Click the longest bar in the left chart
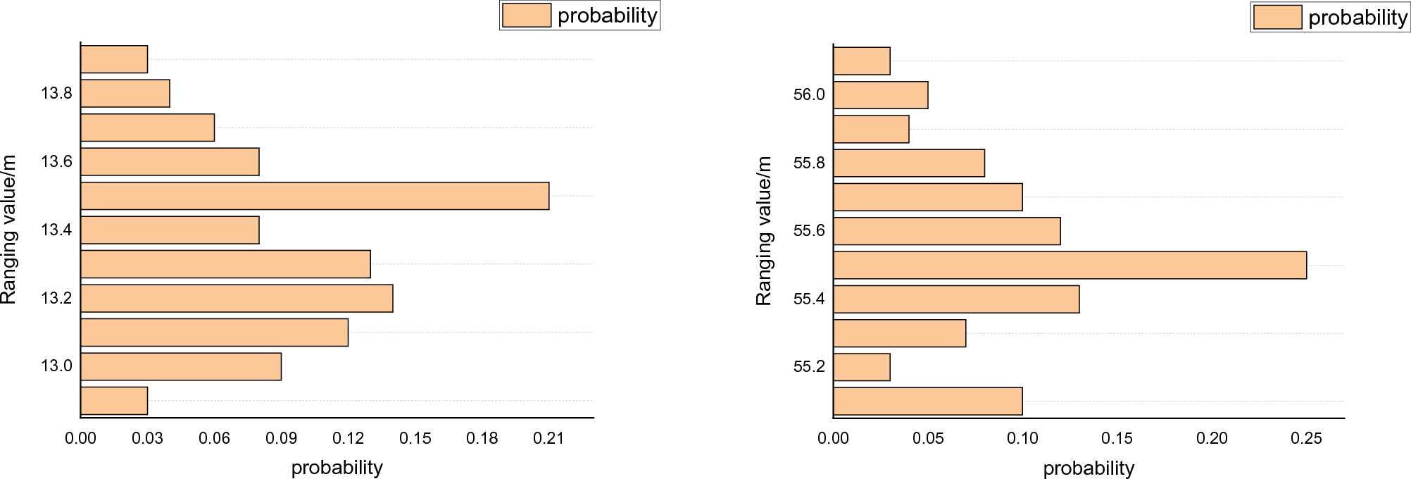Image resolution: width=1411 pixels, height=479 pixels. point(315,196)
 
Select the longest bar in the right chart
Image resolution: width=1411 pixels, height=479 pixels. point(1070,265)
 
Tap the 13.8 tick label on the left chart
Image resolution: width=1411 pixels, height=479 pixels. point(56,93)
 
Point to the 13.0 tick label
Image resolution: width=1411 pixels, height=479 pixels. point(56,366)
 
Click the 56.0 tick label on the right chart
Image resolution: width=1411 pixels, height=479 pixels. point(809,94)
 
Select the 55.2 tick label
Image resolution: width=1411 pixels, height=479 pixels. point(809,366)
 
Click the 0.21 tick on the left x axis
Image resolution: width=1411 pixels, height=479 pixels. point(548,438)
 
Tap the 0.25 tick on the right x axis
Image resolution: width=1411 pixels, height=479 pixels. point(1306,438)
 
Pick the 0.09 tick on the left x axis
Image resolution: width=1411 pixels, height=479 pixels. point(281,438)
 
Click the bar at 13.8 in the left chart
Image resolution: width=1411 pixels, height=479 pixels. point(125,93)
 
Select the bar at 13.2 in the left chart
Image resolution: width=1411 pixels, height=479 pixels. point(237,298)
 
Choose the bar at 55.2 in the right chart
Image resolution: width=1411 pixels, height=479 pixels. point(862,367)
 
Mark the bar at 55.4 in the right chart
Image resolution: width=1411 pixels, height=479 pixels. point(956,299)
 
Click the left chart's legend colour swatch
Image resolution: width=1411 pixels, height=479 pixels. point(527,15)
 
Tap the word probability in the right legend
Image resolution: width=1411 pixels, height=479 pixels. point(1357,18)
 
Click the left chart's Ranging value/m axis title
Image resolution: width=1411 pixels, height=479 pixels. point(8,230)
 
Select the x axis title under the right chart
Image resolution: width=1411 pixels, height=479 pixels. point(1089,468)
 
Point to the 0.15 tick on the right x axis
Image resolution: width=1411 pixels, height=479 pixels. point(1117,438)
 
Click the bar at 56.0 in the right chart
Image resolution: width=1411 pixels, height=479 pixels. point(881,95)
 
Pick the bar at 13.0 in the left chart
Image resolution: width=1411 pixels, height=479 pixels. point(181,366)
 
